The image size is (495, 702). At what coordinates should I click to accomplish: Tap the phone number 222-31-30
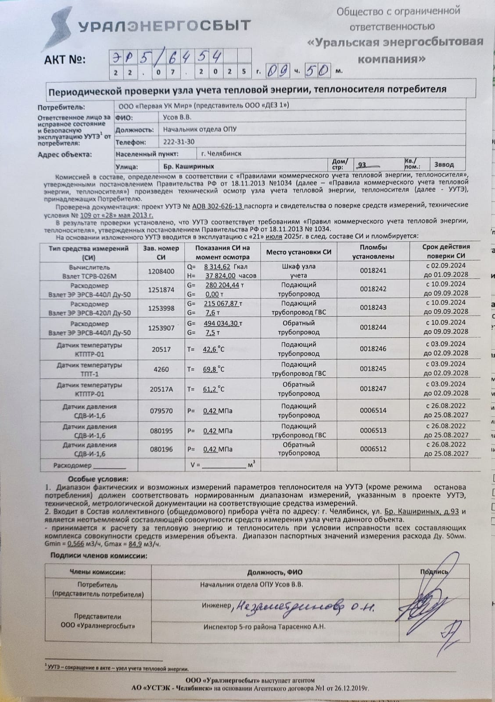point(179,142)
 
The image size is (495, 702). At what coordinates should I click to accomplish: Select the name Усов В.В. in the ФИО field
point(177,118)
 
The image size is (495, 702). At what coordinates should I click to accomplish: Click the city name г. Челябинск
point(221,154)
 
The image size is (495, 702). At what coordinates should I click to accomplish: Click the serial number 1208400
point(161,272)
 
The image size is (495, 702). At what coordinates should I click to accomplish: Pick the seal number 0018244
point(373,327)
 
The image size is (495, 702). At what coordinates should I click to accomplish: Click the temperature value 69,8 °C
point(213,369)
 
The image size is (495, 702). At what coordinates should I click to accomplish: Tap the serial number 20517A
point(161,389)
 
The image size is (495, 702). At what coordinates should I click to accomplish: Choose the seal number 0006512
point(373,449)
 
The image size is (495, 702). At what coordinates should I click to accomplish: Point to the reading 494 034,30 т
point(224,323)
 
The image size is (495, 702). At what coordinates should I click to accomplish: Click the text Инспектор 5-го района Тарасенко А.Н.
point(264,627)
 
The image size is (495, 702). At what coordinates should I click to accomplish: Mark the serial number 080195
point(161,431)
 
